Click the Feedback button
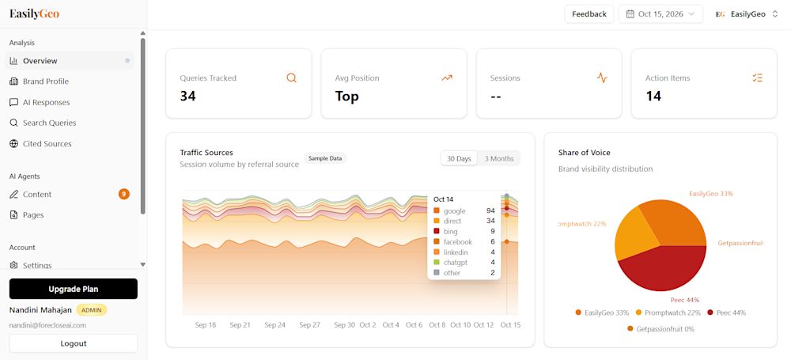(589, 14)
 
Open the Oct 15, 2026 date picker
(660, 14)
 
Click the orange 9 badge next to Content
(124, 194)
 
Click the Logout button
(73, 343)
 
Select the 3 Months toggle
(499, 158)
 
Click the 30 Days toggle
(459, 158)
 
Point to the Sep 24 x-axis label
(274, 325)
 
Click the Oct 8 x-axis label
(437, 325)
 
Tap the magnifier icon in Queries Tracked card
(292, 78)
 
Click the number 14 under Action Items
(654, 96)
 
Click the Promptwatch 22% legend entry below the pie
(668, 313)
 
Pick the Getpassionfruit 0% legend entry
(660, 328)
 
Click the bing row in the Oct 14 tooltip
(464, 231)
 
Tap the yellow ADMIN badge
(92, 309)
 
